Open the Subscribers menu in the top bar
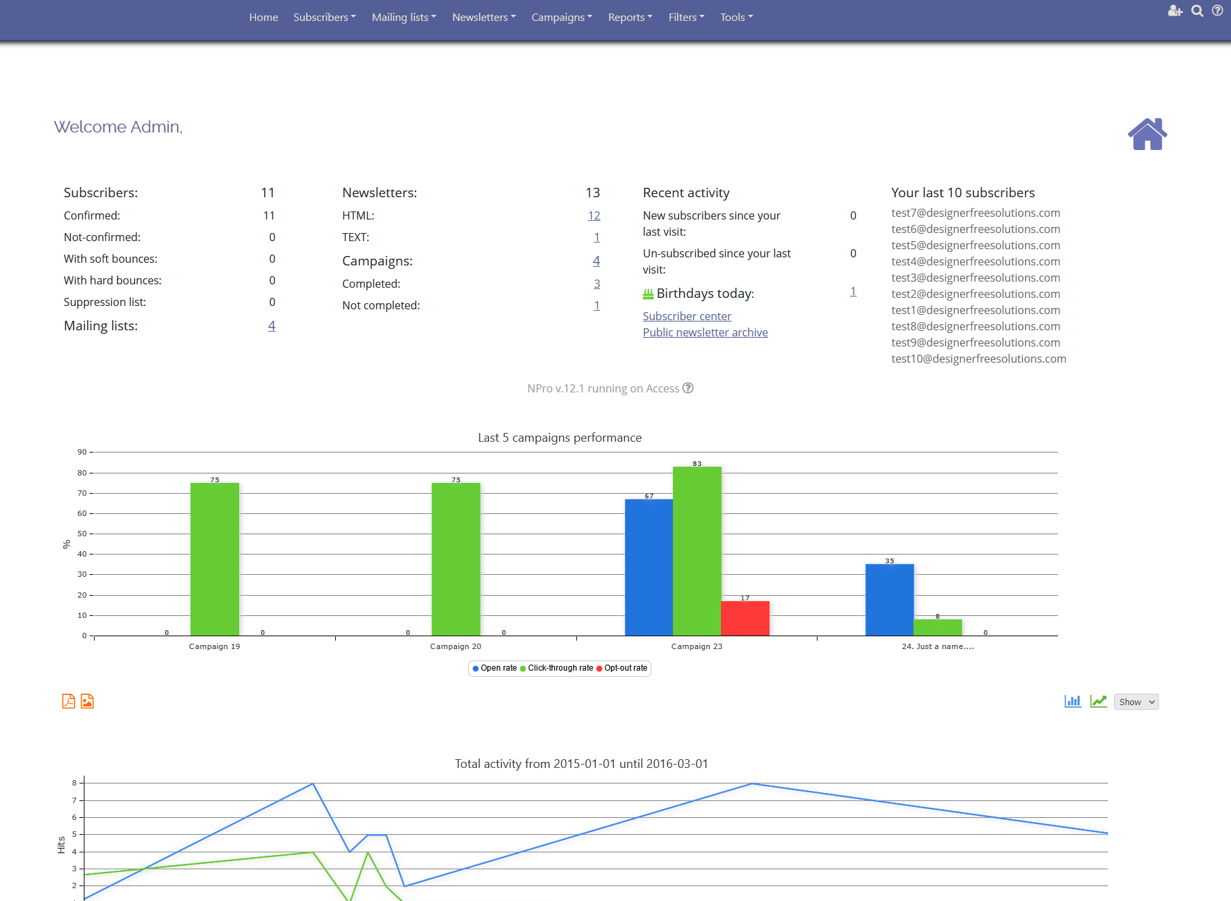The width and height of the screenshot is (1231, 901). point(324,18)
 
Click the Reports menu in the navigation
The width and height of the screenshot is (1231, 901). point(630,18)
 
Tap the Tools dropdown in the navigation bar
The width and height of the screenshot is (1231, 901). point(736,18)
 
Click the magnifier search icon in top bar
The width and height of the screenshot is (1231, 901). point(1197,11)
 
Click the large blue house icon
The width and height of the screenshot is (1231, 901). point(1147,134)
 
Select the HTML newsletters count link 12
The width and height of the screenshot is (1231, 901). point(594,215)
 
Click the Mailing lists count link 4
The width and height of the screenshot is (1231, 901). point(272,326)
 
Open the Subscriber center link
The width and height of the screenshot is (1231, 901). point(686,316)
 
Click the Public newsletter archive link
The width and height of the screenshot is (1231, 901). point(705,332)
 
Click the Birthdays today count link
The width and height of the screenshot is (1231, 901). point(853,292)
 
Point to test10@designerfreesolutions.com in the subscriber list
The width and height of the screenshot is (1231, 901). point(978,359)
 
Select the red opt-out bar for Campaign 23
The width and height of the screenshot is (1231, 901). point(745,618)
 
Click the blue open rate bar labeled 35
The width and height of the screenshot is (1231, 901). point(889,600)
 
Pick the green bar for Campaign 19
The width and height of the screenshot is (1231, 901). point(214,559)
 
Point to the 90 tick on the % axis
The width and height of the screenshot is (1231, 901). point(82,452)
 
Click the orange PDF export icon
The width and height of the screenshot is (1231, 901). point(68,701)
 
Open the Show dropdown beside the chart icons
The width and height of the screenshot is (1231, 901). point(1136,702)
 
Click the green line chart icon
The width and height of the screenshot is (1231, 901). point(1098,701)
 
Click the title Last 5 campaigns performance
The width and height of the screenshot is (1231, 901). point(559,438)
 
